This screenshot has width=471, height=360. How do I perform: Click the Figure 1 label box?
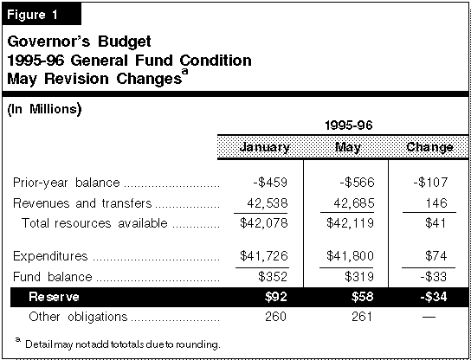(42, 14)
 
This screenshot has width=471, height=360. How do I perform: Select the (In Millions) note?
(44, 109)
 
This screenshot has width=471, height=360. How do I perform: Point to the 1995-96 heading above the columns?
(348, 125)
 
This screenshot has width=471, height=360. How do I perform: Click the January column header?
(265, 147)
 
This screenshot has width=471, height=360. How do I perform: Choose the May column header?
(348, 147)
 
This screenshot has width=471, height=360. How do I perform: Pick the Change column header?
(429, 147)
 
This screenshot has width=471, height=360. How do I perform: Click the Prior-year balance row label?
(67, 183)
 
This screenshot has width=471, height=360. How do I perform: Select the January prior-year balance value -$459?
(270, 183)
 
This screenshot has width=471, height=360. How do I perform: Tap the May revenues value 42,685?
(354, 203)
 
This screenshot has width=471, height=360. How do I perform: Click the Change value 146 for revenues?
(436, 203)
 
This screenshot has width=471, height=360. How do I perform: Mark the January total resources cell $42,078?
(264, 223)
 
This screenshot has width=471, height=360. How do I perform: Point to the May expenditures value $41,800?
(351, 256)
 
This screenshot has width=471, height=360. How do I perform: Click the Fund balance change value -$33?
(434, 277)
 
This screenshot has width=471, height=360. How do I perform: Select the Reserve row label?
(54, 297)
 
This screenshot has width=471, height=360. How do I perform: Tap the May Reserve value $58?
(363, 297)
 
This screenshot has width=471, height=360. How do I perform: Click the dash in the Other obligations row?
(429, 317)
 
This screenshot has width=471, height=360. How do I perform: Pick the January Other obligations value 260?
(275, 317)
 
